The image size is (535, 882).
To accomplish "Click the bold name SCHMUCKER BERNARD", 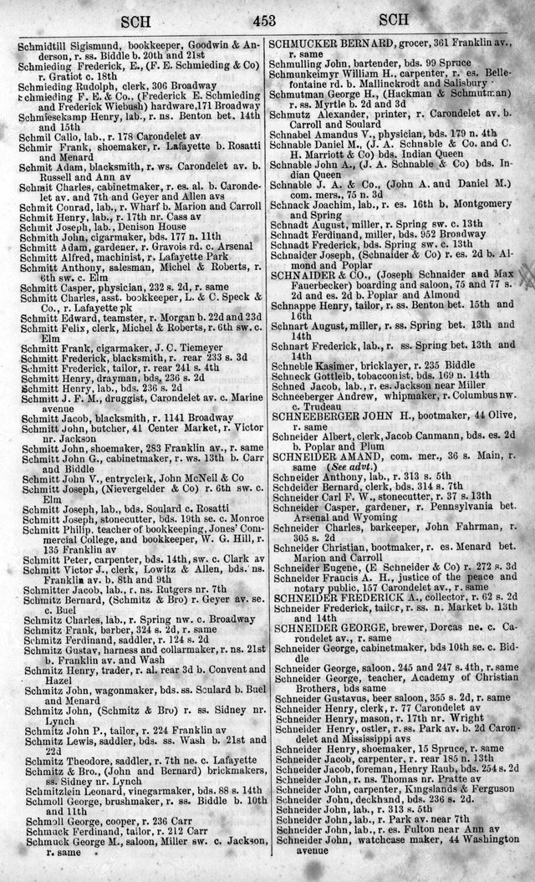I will tap(334, 43).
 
